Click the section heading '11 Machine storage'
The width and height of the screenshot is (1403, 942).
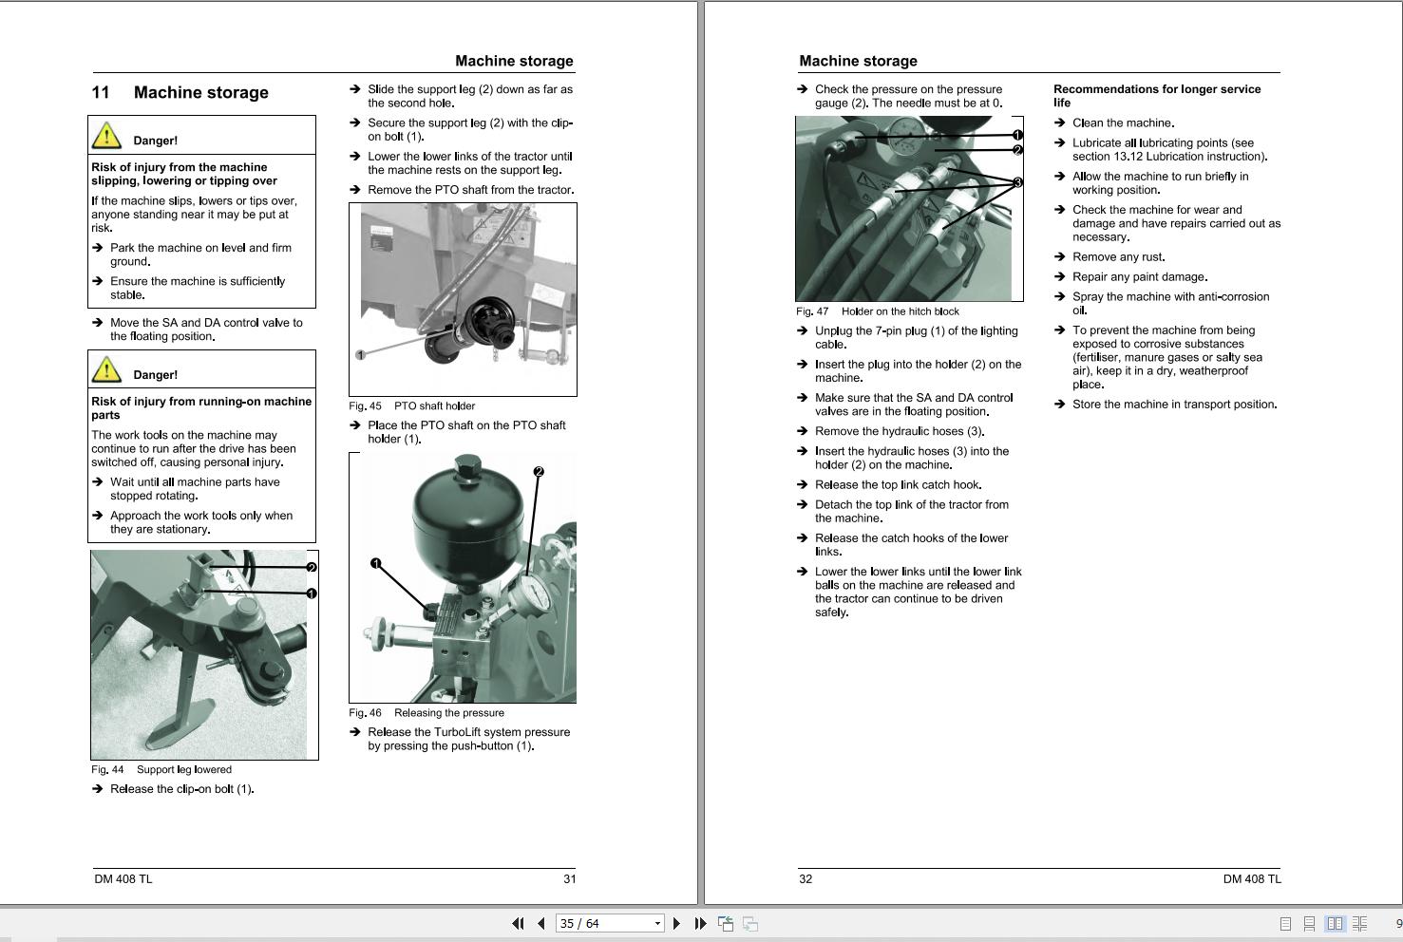(180, 93)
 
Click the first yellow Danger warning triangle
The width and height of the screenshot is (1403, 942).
(107, 136)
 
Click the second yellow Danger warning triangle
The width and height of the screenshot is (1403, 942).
(107, 370)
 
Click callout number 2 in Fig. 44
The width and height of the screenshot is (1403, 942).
(311, 568)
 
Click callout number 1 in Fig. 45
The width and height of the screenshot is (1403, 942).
(360, 355)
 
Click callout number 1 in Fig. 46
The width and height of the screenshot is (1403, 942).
(375, 564)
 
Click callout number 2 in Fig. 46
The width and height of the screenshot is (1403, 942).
(538, 472)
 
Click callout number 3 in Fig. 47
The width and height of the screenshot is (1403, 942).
(1017, 182)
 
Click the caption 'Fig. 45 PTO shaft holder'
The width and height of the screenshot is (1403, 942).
(411, 406)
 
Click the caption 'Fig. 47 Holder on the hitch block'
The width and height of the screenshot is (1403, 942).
(877, 311)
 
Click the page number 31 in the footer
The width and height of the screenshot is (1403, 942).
(569, 879)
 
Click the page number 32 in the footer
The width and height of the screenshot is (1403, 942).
(806, 879)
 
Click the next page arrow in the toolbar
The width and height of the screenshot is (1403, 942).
(676, 923)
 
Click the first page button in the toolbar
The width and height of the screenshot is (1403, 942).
(518, 923)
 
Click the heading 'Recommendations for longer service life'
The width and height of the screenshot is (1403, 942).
(1156, 96)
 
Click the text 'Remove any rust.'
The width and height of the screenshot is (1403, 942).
(1118, 257)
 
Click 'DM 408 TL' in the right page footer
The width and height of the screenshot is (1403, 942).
(1251, 879)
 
